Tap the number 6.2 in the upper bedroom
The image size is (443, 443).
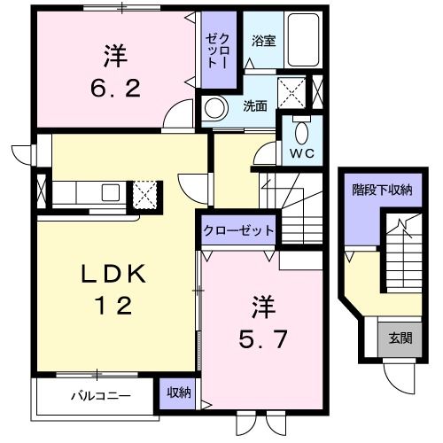pos(114,90)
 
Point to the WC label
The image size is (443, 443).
pos(299,152)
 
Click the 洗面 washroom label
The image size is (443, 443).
pos(255,106)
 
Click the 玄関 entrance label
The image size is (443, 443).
pos(395,337)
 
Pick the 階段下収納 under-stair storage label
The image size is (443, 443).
pos(382,190)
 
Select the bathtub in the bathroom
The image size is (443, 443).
pos(301,40)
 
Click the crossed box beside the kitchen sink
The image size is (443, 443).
pos(145,192)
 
